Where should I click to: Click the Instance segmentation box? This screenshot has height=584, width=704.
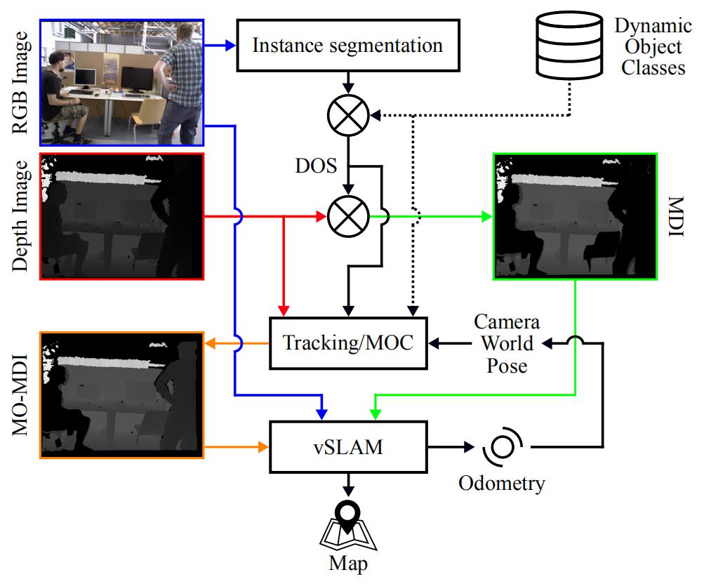[348, 46]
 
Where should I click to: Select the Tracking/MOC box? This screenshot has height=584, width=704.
[348, 344]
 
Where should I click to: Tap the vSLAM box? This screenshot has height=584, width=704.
[348, 446]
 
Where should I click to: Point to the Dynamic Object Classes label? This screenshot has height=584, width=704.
[649, 48]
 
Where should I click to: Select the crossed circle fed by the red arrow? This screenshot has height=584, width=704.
[349, 218]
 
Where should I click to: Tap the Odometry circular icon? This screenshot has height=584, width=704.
[504, 447]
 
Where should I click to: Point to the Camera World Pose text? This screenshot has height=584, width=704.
[507, 344]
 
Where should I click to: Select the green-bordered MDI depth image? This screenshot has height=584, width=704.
[574, 218]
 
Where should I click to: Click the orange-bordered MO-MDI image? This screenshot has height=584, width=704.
[122, 394]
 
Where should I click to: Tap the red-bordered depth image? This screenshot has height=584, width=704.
[122, 217]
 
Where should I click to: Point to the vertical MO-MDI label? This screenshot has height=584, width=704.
[21, 394]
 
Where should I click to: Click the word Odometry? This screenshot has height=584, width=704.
[501, 483]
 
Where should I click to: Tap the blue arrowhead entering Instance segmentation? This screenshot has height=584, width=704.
[229, 46]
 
